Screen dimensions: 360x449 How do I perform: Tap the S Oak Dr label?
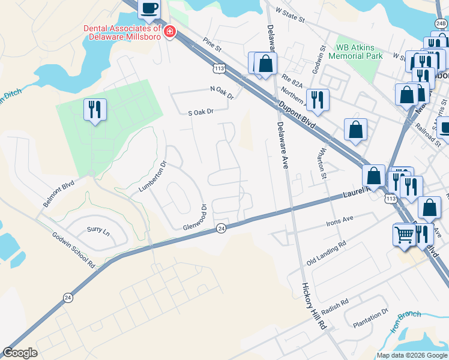(201, 112)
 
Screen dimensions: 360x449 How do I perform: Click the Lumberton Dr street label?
(152, 175)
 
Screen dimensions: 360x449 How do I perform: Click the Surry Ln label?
(98, 230)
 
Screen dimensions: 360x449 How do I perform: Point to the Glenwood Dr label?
(194, 218)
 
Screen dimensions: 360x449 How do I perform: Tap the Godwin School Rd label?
(74, 250)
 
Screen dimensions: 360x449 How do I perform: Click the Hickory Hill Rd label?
(313, 306)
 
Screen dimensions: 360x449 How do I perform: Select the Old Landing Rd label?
(327, 253)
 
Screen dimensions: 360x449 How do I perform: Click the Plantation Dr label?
(370, 317)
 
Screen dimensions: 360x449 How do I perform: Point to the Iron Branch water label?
(405, 322)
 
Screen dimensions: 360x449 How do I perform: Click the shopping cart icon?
(404, 234)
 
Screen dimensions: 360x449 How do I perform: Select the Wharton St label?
(322, 163)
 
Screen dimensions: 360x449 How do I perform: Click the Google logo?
(20, 353)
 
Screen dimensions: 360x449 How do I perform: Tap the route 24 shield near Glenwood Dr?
(221, 228)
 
